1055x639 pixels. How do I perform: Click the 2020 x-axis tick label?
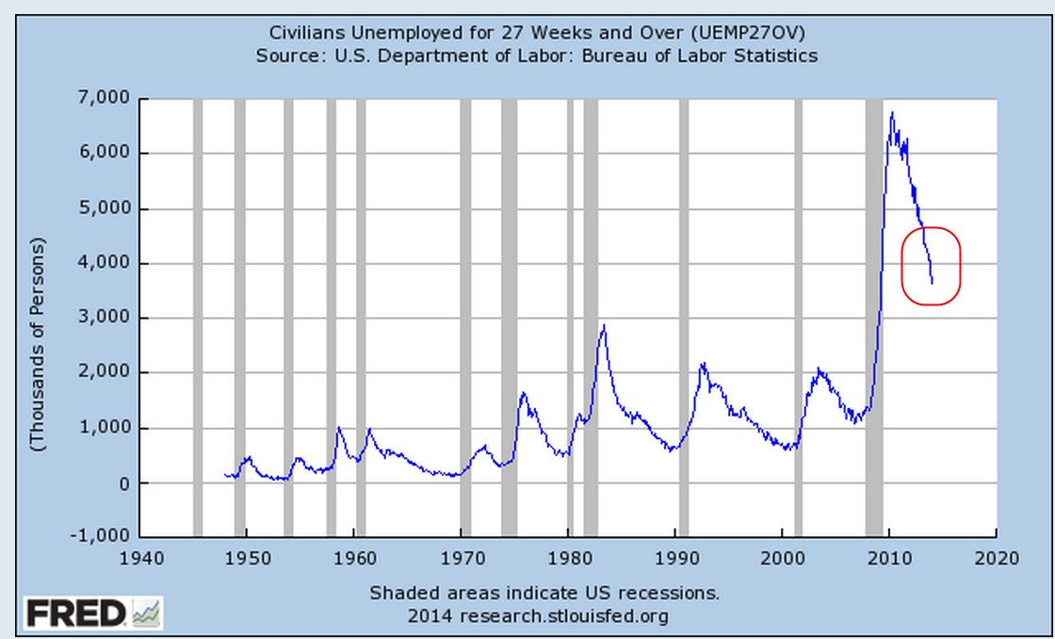coord(998,558)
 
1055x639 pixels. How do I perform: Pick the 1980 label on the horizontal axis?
coord(568,558)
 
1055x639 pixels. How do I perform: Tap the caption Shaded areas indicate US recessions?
coord(544,594)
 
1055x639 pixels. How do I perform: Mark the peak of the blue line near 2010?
coord(891,113)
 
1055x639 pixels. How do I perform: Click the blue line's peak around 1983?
coord(603,325)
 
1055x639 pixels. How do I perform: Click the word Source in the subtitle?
coord(286,56)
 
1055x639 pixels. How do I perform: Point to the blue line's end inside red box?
coord(932,282)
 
